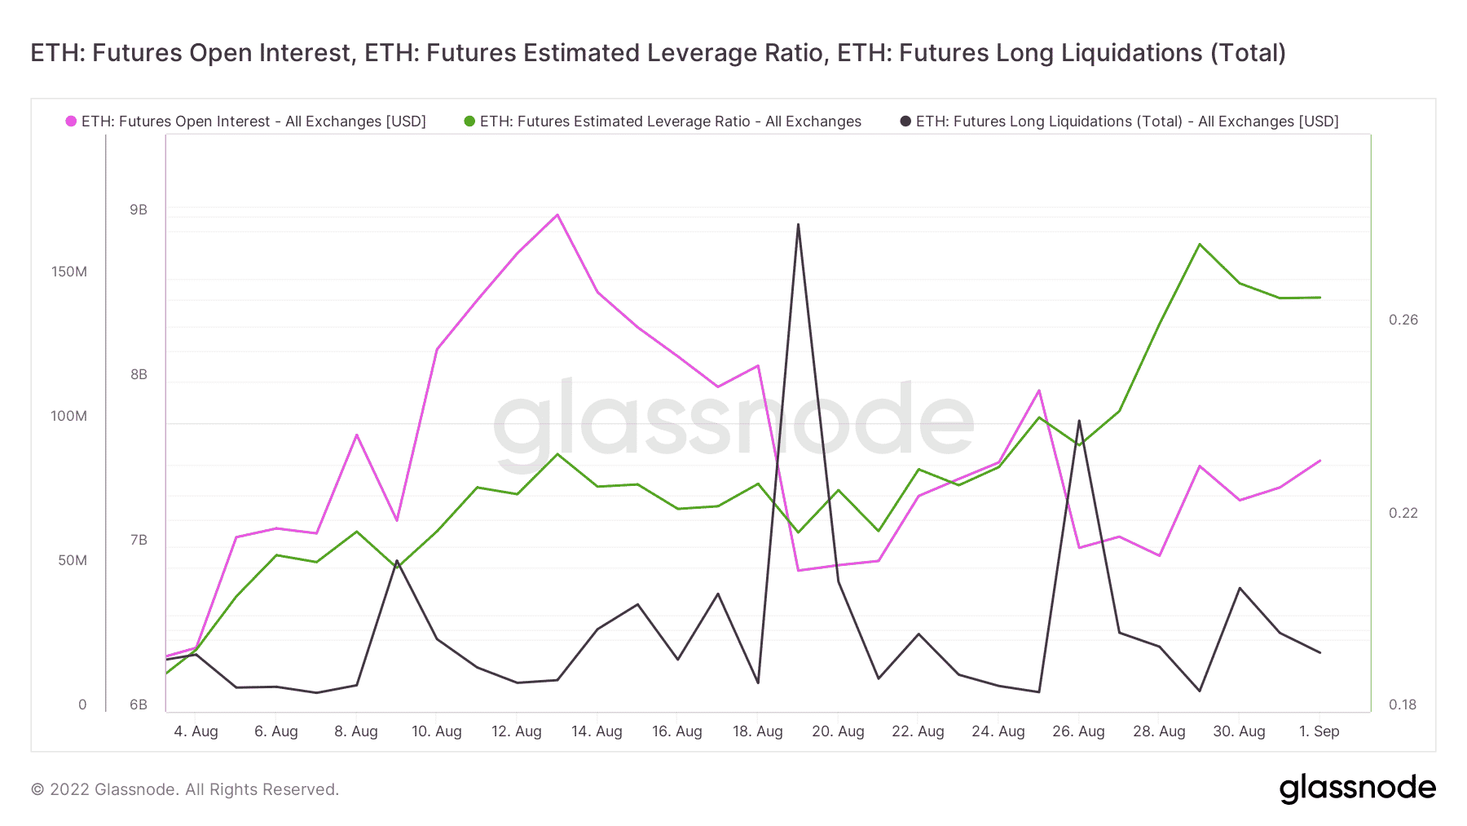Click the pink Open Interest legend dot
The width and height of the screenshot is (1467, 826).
[x=72, y=121]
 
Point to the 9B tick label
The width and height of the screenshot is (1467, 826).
[x=139, y=210]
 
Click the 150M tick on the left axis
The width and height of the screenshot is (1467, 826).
[x=69, y=272]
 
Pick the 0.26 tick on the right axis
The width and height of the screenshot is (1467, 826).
[x=1403, y=320]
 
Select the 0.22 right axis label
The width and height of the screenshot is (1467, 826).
[x=1403, y=513]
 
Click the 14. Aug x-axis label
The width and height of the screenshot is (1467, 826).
[x=597, y=731]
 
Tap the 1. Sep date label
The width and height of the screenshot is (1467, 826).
[x=1319, y=731]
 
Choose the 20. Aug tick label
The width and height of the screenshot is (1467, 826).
[x=838, y=731]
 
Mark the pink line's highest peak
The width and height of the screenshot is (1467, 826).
[x=557, y=215]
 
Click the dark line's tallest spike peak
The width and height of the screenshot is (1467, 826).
[x=798, y=224]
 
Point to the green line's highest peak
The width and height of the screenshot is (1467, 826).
[x=1200, y=245]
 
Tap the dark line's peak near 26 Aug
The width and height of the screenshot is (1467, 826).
[x=1079, y=421]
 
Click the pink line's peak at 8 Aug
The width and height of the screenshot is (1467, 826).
[x=357, y=435]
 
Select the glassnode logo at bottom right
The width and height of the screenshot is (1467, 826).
[x=1357, y=788]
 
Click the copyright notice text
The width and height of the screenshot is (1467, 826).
[x=185, y=789]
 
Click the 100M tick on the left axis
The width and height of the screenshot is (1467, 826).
[x=69, y=416]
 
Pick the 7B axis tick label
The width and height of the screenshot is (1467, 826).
[x=139, y=540]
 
